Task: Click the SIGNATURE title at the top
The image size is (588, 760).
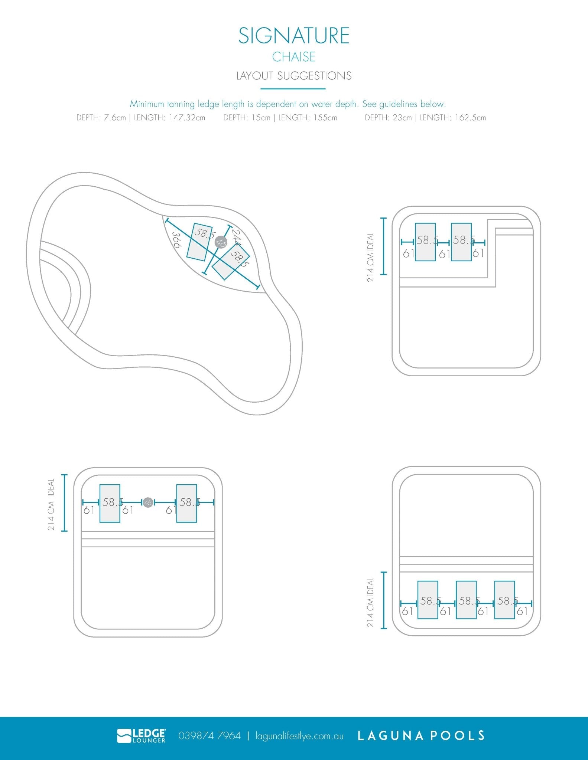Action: click(294, 36)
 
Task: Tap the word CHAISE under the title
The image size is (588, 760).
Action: click(294, 57)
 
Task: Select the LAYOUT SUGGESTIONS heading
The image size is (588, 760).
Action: click(294, 76)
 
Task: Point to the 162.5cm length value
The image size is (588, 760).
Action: click(468, 118)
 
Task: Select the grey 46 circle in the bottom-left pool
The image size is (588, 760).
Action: click(148, 503)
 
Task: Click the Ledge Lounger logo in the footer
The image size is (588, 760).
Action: click(142, 736)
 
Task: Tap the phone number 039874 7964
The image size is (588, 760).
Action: click(209, 736)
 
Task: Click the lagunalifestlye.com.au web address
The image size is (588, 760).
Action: click(299, 736)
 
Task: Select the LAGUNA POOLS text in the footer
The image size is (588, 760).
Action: click(421, 736)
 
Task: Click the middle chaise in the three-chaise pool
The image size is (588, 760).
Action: click(466, 600)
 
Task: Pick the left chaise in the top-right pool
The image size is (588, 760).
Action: click(425, 242)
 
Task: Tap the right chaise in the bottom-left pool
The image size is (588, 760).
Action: click(186, 503)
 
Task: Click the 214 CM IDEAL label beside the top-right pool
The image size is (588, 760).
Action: click(370, 257)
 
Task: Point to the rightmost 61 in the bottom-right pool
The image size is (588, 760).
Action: click(522, 611)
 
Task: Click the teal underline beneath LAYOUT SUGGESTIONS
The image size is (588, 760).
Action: click(293, 89)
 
